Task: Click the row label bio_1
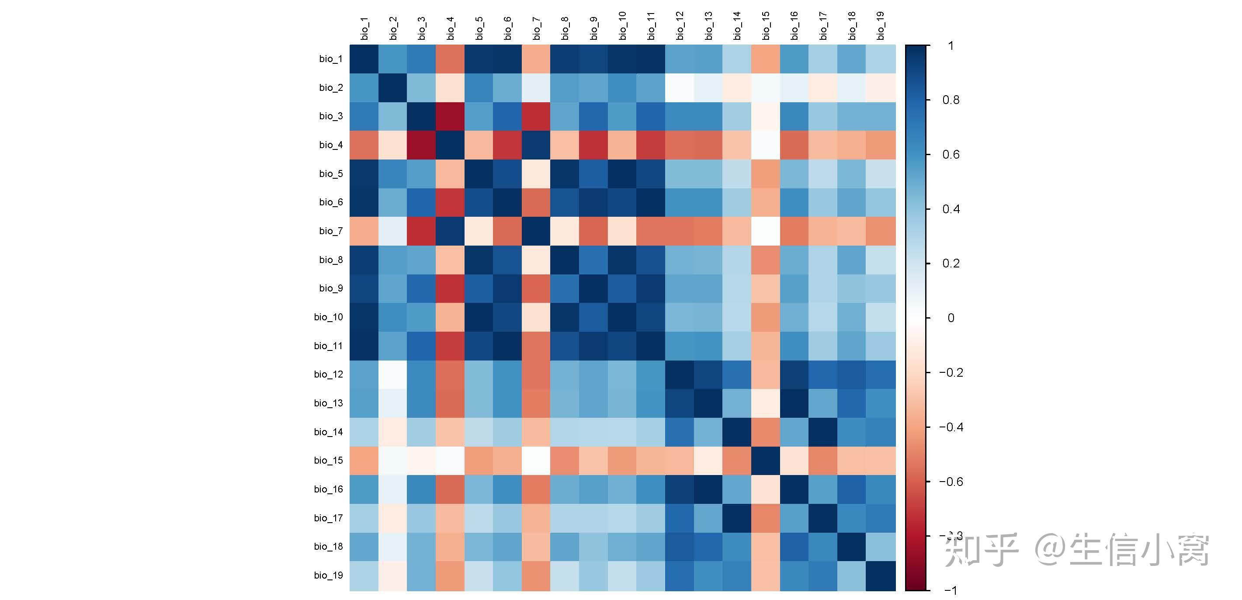[331, 59]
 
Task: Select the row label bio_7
[331, 231]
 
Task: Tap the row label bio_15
[328, 461]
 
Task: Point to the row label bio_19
[328, 576]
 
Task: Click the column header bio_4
[450, 28]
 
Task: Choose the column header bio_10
[622, 26]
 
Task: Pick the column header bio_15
[766, 26]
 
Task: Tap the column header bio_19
[881, 26]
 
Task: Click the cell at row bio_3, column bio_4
[450, 116]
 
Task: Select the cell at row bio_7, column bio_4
[450, 231]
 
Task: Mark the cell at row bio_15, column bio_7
[536, 461]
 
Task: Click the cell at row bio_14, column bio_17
[823, 432]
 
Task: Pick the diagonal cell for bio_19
[881, 576]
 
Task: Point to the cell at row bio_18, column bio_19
[881, 546]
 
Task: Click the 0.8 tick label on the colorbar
[951, 100]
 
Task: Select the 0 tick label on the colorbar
[951, 318]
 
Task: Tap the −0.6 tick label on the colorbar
[951, 481]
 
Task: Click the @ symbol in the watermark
[1051, 550]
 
